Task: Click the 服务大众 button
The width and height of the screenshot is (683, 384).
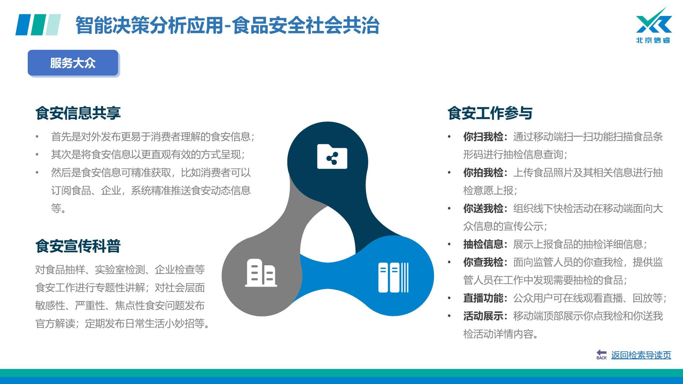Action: tap(73, 63)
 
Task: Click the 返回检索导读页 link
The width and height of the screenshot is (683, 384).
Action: tap(641, 355)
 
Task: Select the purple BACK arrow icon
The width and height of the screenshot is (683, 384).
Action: tap(602, 354)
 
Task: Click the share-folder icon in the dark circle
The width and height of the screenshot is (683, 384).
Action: tap(332, 156)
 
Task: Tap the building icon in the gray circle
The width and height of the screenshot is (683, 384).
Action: tap(261, 273)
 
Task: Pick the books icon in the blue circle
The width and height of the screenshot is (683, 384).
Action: tap(393, 277)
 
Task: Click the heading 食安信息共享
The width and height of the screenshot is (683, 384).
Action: tap(78, 113)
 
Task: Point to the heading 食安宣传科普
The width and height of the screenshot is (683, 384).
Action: tap(78, 246)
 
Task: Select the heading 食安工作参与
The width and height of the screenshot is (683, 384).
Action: tap(490, 113)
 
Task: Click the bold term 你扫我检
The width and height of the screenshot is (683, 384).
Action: tap(483, 137)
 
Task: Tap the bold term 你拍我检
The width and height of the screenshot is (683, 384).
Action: tap(483, 172)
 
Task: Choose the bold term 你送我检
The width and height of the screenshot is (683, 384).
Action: tap(483, 208)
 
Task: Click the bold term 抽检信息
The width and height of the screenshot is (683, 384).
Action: tap(483, 244)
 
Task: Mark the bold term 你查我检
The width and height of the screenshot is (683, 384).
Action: tap(483, 262)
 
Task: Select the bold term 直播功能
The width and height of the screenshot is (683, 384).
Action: tap(483, 298)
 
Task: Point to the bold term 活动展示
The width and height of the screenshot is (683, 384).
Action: tap(483, 316)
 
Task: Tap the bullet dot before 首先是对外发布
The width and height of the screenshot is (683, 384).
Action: tap(37, 137)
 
